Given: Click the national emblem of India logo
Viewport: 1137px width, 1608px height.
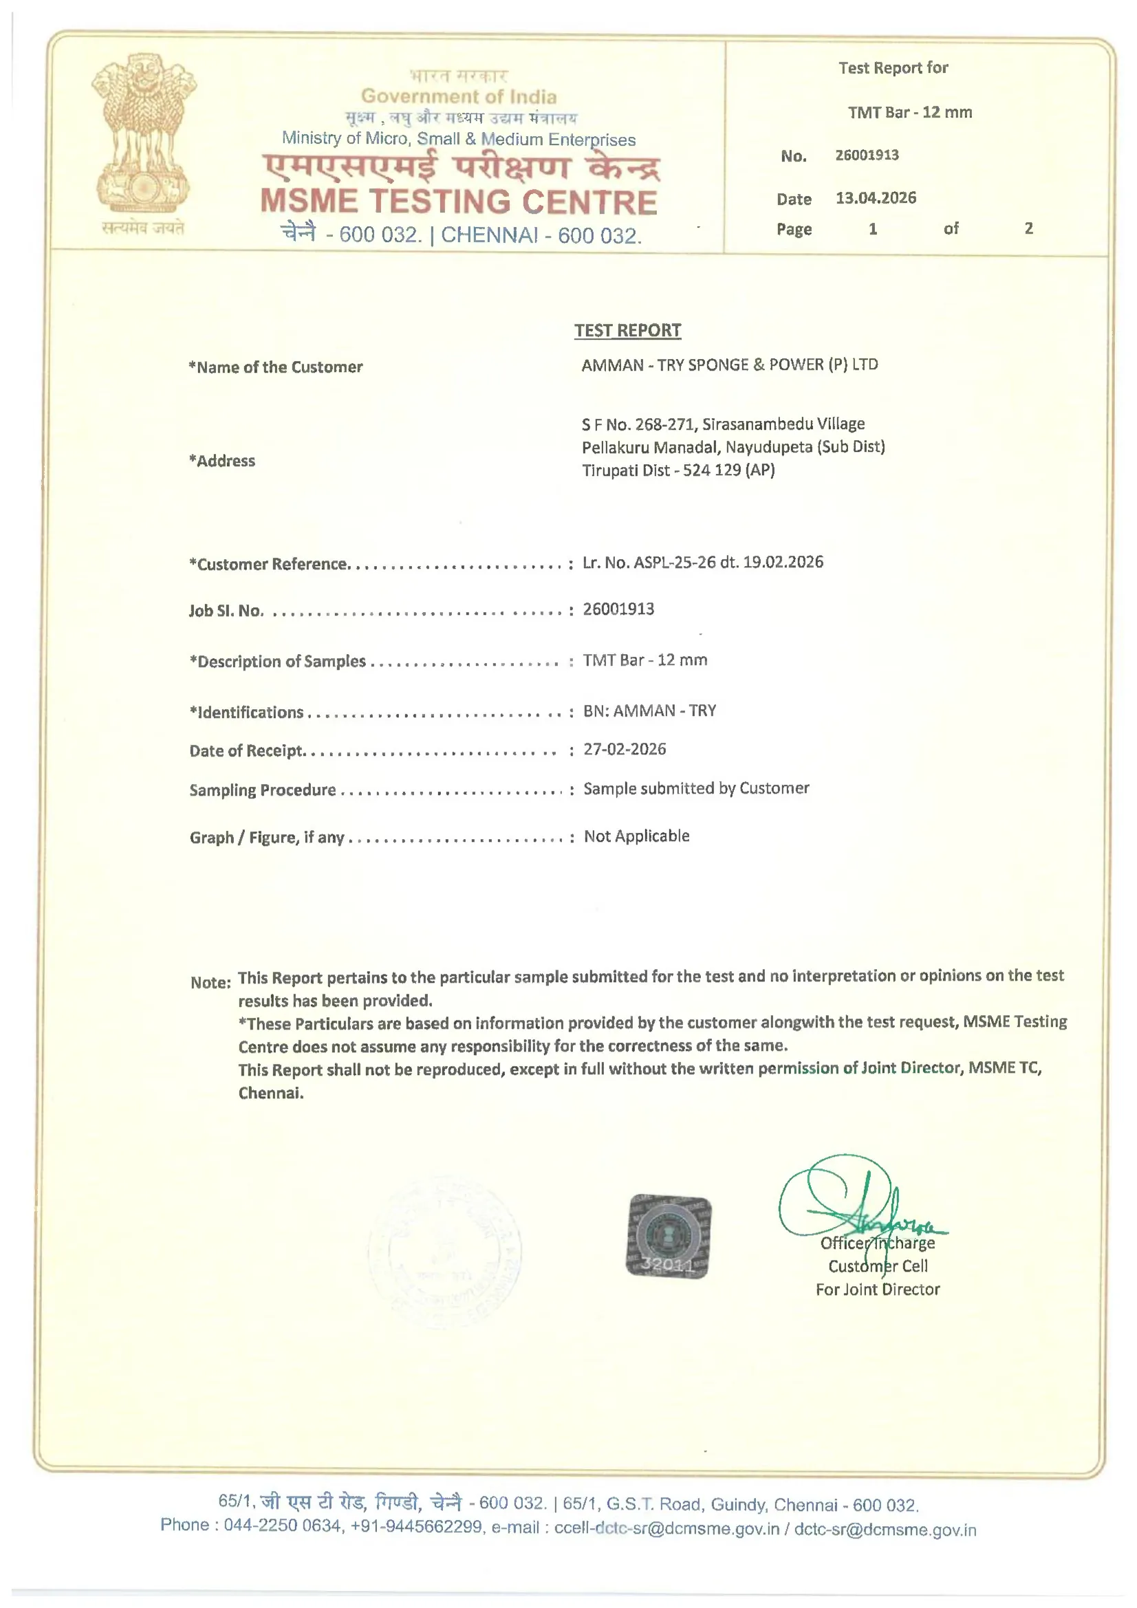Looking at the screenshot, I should tap(144, 135).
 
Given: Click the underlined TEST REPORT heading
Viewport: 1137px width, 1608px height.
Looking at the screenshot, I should tap(627, 331).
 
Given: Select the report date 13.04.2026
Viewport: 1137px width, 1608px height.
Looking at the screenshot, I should tap(875, 198).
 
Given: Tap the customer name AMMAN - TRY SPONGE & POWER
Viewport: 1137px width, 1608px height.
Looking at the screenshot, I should tap(729, 365).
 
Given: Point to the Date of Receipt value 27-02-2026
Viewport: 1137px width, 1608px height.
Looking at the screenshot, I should tap(624, 750).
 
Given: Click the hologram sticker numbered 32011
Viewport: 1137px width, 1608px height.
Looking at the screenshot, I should tap(668, 1236).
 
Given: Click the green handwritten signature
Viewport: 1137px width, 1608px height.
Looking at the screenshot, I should tap(863, 1204).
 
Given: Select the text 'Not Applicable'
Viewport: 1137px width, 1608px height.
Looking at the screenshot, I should tap(636, 836).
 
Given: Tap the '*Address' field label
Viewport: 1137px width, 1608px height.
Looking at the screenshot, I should tap(221, 461).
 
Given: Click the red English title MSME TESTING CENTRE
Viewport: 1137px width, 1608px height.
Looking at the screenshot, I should tap(459, 202).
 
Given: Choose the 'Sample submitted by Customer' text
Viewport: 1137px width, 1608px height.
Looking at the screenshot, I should tap(695, 789).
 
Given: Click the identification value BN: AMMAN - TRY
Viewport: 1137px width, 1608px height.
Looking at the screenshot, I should tap(649, 711).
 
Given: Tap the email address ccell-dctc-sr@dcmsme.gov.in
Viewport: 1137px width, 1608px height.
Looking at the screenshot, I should tap(667, 1528).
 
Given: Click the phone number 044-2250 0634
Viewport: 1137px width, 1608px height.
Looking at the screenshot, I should tap(281, 1525).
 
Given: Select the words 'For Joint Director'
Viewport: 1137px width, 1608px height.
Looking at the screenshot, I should tap(877, 1290).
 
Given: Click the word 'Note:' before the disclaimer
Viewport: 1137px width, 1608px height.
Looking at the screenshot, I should tap(210, 983).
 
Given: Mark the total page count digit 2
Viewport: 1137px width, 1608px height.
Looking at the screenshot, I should tap(1028, 228).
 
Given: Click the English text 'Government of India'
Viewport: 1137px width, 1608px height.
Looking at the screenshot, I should tap(459, 97).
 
